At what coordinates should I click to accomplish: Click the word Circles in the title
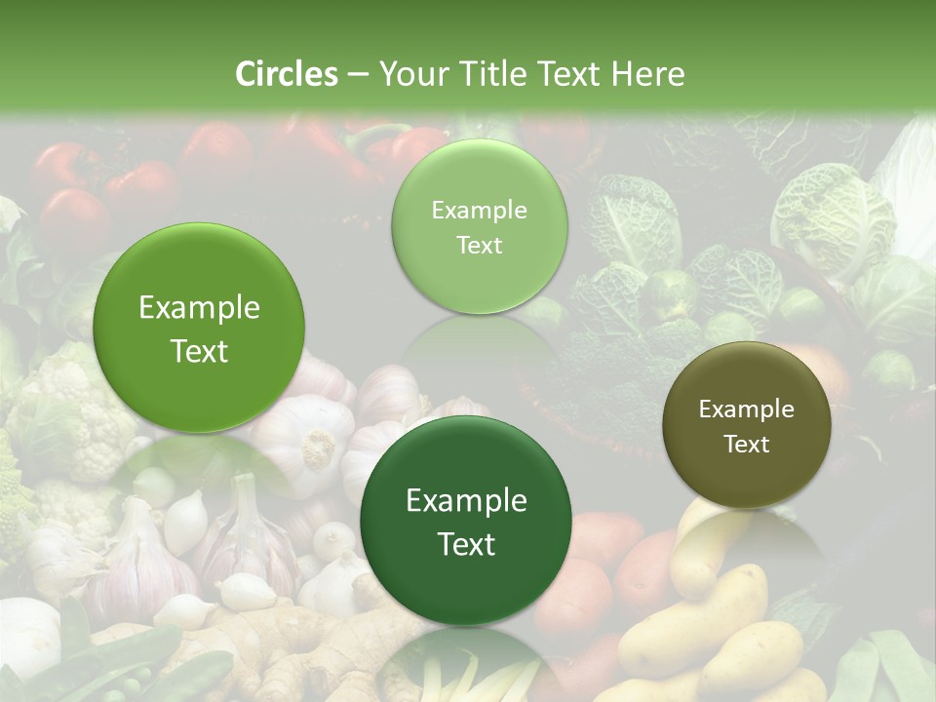point(287,74)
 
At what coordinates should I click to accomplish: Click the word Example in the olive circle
point(747,409)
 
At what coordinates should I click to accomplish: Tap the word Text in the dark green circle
point(466,544)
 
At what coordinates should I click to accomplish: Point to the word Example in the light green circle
point(480,211)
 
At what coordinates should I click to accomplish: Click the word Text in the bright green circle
point(199,351)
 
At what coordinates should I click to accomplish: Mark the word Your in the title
point(411,74)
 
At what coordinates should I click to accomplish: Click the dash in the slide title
point(358,75)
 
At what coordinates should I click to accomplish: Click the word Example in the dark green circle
point(466,501)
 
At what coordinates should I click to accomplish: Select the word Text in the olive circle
point(747,445)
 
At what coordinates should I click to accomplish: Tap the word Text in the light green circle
point(480,246)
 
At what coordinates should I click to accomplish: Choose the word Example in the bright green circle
point(199,308)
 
